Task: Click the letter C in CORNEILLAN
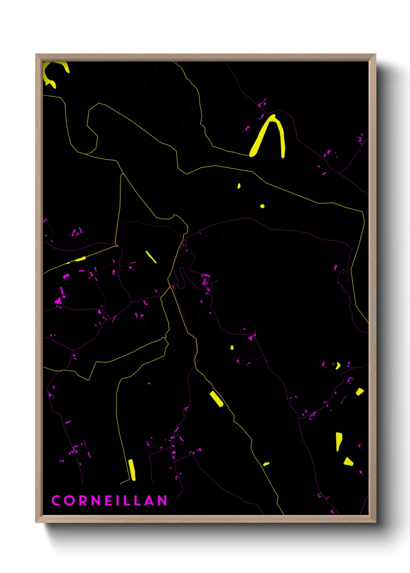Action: click(56, 500)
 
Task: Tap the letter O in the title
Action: click(70, 500)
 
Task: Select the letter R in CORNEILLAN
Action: click(84, 500)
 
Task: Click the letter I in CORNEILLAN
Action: click(121, 500)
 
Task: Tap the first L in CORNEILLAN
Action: click(129, 500)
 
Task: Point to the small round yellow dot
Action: click(262, 206)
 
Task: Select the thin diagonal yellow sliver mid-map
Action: click(151, 257)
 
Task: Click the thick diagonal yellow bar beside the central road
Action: click(216, 399)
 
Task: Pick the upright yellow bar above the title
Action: click(132, 470)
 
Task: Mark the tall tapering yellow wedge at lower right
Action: click(339, 441)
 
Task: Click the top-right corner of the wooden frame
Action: click(375, 55)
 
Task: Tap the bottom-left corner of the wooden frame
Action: click(36, 522)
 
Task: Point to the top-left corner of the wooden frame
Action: click(36, 55)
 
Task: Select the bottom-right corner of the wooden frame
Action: click(375, 522)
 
